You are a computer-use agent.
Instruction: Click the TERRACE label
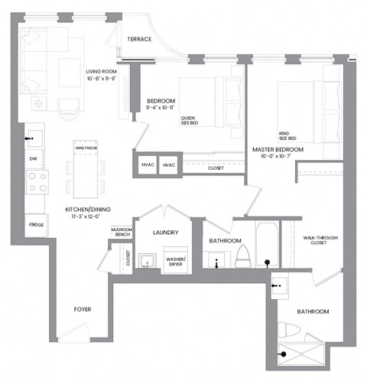pos(139,40)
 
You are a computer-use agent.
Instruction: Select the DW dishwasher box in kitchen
pos(33,158)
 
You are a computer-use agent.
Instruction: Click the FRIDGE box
pos(35,224)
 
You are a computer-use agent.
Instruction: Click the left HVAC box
pos(147,165)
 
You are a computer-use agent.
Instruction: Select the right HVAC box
pos(169,165)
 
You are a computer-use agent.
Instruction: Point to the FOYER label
pos(83,311)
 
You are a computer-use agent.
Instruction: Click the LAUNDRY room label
pos(166,233)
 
